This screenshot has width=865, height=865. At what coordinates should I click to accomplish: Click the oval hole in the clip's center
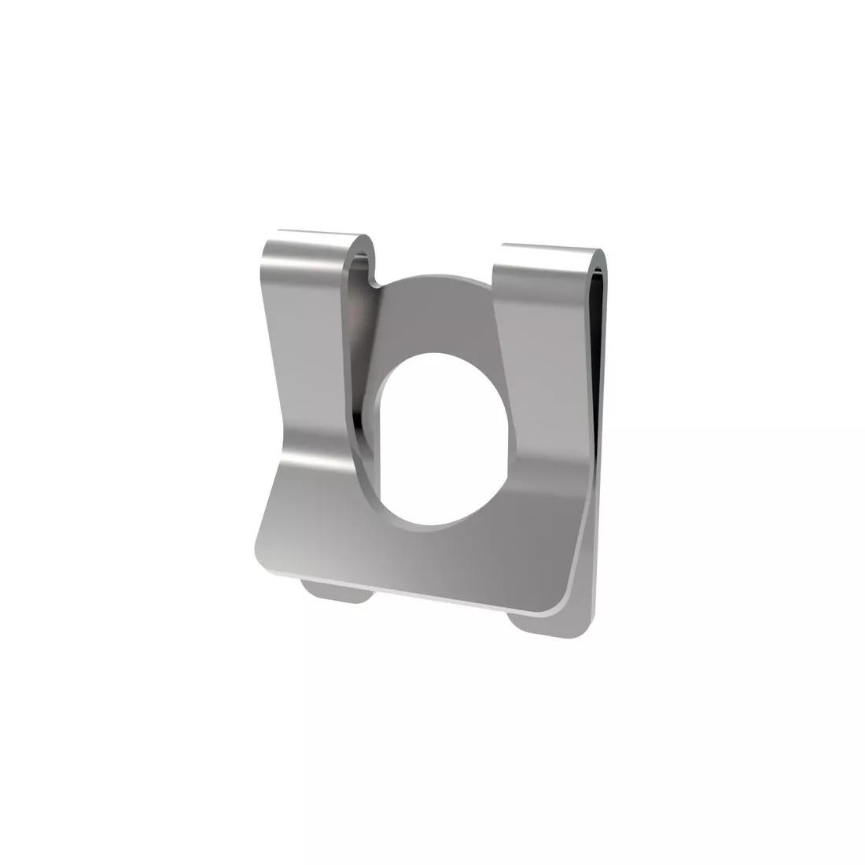pos(436,436)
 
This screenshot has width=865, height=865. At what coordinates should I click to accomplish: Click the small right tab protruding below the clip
pos(543,626)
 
